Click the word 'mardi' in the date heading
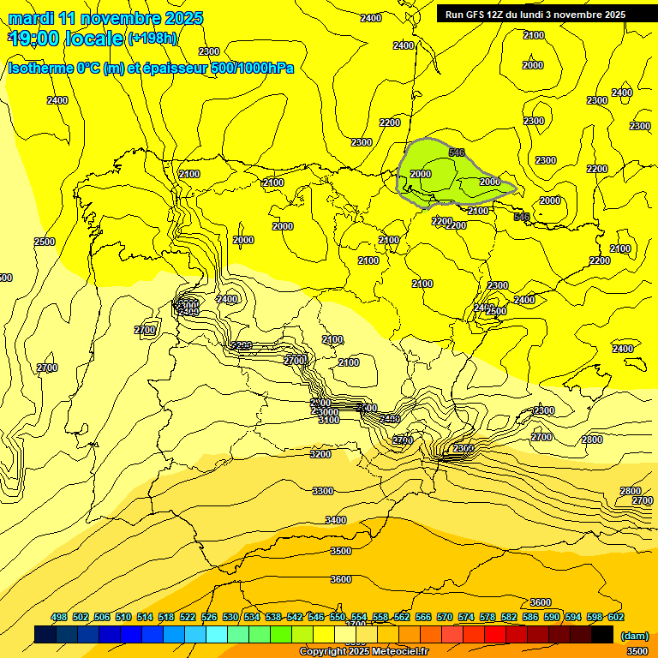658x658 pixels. point(31,18)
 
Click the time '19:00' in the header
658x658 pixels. point(37,39)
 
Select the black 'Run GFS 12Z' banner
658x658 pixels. point(535,14)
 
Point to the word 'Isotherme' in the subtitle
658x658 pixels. point(39,67)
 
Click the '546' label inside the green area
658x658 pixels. point(457,153)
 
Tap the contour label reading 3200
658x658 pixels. point(320,454)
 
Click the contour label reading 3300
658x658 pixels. point(323,491)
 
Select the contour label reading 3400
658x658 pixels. point(336,520)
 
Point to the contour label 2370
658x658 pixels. point(464,448)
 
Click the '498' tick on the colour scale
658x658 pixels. point(59,617)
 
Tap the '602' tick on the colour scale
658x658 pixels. point(615,617)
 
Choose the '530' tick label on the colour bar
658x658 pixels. point(230,617)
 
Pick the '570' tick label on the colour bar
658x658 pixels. point(445,617)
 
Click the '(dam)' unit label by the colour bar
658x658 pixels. point(635,635)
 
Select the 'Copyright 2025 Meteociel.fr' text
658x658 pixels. point(363,652)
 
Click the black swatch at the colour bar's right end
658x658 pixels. point(602,634)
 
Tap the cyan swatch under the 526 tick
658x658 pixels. point(217,634)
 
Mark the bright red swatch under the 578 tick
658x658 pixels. point(495,634)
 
